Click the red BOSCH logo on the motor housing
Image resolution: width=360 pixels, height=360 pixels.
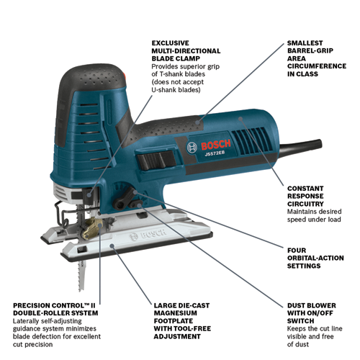tap(216, 145)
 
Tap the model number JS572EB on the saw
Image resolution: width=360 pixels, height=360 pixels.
tap(215, 153)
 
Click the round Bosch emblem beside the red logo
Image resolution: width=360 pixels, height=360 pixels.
tap(192, 148)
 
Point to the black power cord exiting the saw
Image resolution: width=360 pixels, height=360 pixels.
tap(300, 147)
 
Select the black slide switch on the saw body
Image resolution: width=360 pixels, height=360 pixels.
tap(156, 158)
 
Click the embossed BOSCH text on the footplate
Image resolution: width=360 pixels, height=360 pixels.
tap(148, 234)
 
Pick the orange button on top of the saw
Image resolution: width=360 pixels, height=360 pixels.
tap(124, 74)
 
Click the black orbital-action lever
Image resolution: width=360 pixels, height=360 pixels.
tap(123, 199)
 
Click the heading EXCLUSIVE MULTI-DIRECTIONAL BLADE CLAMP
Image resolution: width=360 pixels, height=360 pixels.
tap(186, 51)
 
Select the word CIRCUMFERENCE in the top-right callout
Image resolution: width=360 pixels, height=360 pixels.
tap(317, 66)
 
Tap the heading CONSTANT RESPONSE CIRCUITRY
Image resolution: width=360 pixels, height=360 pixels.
tap(305, 196)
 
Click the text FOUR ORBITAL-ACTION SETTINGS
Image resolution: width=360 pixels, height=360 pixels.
tap(315, 258)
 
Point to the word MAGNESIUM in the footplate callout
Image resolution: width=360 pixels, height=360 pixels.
tap(175, 313)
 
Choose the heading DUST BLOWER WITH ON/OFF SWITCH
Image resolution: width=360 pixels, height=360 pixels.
tap(311, 313)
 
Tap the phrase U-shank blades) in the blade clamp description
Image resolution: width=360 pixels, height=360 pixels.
tap(176, 90)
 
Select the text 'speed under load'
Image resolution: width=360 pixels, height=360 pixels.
tap(314, 220)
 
